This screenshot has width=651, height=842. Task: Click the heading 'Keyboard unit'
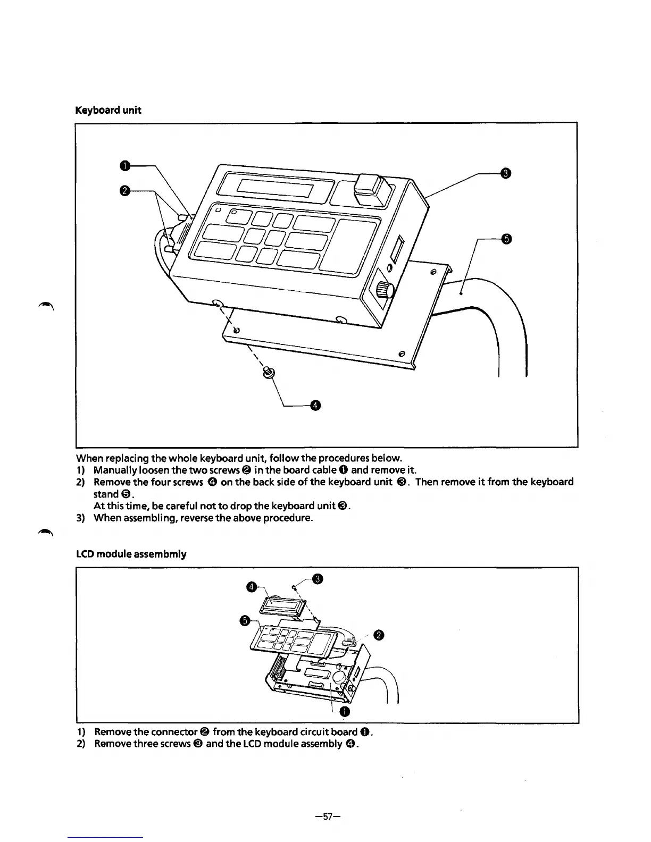pyautogui.click(x=108, y=111)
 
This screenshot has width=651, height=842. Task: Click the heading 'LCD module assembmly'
pyautogui.click(x=131, y=554)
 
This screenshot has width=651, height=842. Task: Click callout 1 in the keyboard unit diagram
pyautogui.click(x=124, y=166)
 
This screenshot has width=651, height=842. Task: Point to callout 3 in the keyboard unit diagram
pyautogui.click(x=506, y=173)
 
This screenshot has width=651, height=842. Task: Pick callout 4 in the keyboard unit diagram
pyautogui.click(x=315, y=407)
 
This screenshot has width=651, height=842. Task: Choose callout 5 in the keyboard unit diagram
pyautogui.click(x=506, y=239)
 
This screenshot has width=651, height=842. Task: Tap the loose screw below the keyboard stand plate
pyautogui.click(x=269, y=374)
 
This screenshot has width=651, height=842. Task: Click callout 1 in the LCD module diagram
pyautogui.click(x=345, y=712)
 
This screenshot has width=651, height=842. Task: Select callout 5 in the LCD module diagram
pyautogui.click(x=245, y=621)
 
